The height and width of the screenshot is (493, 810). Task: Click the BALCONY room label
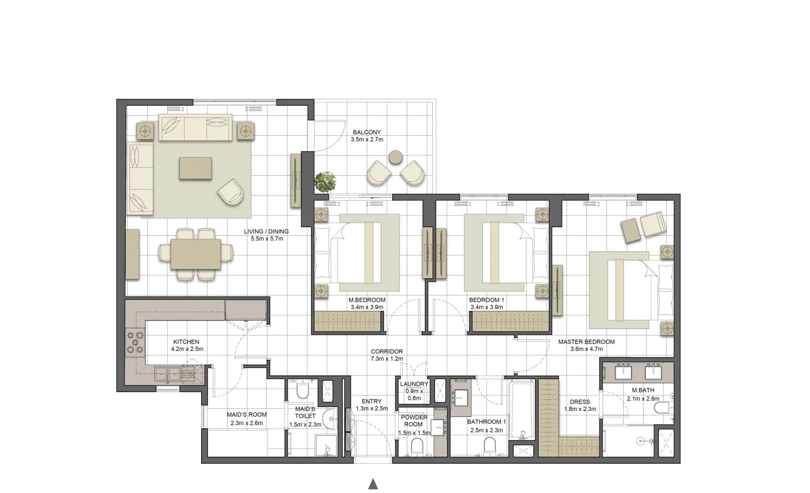coord(366,132)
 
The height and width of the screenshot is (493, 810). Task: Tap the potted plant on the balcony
coord(326,182)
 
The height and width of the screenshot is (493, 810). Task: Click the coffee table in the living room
coord(195,168)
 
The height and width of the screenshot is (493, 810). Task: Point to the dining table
coord(196,254)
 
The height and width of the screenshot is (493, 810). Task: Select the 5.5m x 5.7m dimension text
coord(267,239)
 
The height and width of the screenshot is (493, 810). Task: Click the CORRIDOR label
coord(387,352)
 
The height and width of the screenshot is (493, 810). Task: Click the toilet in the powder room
coord(417,445)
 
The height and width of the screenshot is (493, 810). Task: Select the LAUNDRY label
coord(414,384)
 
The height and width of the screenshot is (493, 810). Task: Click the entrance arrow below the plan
coord(373,484)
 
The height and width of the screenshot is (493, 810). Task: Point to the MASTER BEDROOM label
coord(586,342)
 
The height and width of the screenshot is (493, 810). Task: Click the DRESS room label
coord(580,402)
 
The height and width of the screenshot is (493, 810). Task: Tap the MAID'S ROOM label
coord(246,415)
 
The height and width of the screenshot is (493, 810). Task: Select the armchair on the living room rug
coord(231,191)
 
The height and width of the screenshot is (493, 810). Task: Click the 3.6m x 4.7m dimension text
coord(586,349)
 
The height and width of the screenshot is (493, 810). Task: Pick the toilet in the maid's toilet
coord(303,391)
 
